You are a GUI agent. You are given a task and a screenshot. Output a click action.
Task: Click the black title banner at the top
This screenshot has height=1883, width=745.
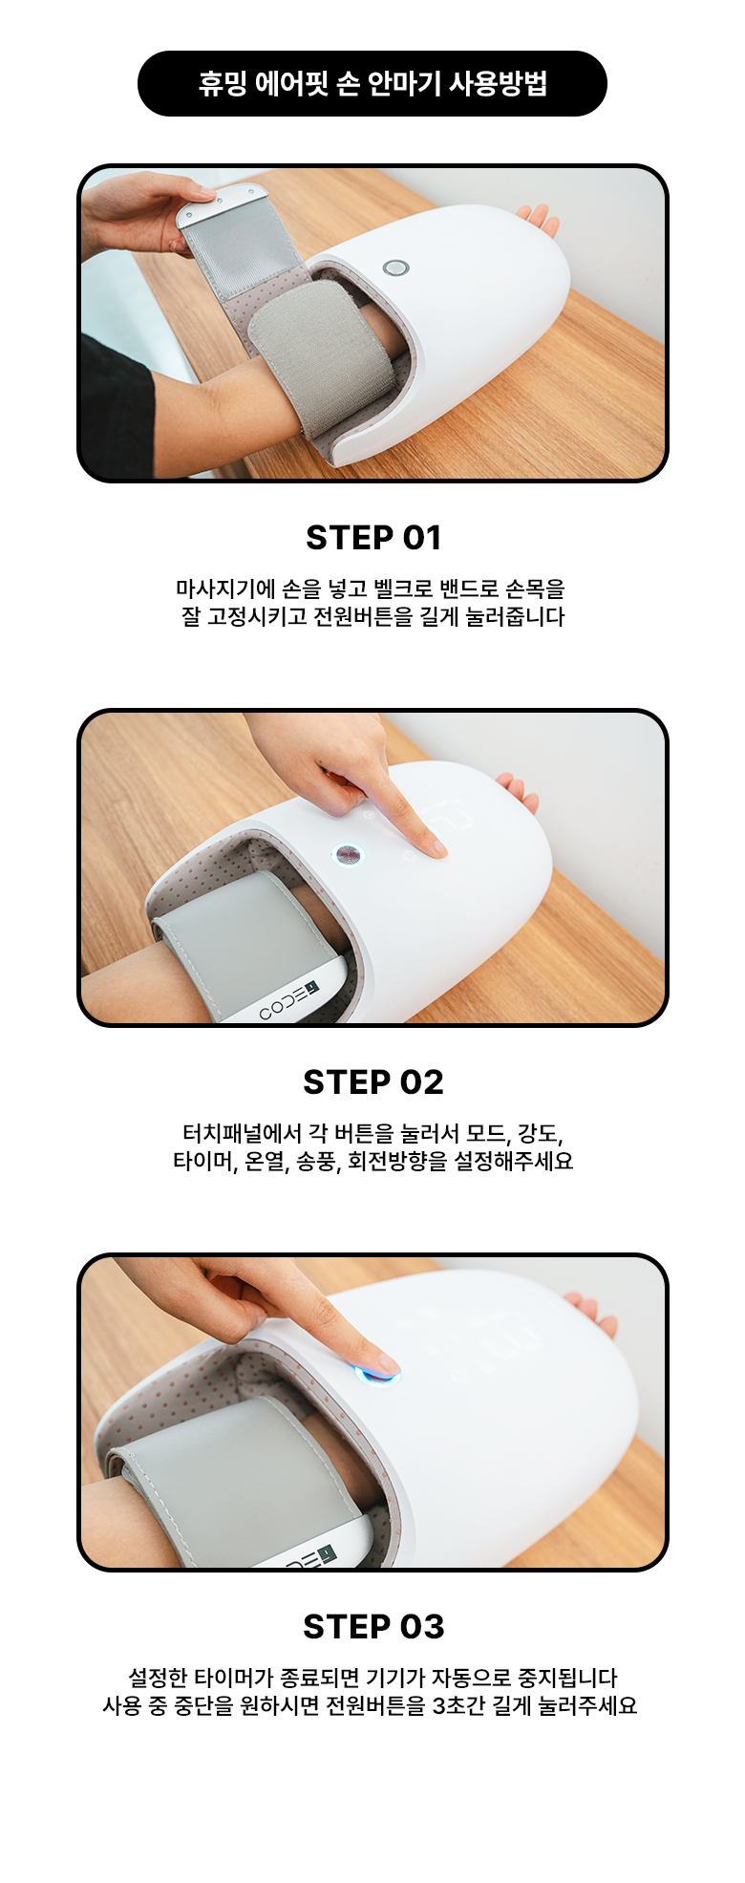tap(372, 84)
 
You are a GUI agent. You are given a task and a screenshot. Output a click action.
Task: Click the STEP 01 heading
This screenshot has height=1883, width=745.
tap(373, 538)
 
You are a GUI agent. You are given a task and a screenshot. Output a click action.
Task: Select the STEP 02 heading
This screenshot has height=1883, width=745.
tap(373, 1082)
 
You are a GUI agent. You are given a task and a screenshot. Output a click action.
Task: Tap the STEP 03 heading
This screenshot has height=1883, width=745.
tap(373, 1627)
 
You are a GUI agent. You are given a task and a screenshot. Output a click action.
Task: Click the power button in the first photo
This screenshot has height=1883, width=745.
tap(395, 267)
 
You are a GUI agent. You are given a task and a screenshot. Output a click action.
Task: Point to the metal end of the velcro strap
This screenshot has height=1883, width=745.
tap(222, 203)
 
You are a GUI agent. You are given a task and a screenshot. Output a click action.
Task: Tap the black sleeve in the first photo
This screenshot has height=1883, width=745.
tap(115, 406)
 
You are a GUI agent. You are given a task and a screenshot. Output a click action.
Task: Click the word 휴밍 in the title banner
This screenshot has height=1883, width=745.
tap(223, 84)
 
